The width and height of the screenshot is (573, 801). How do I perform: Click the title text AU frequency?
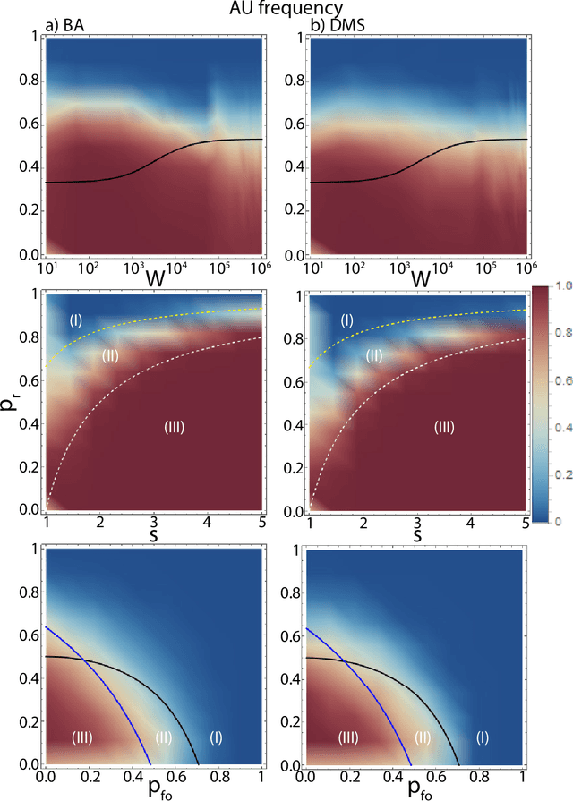[x=286, y=7]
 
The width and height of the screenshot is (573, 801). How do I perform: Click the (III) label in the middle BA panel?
[x=174, y=427]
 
